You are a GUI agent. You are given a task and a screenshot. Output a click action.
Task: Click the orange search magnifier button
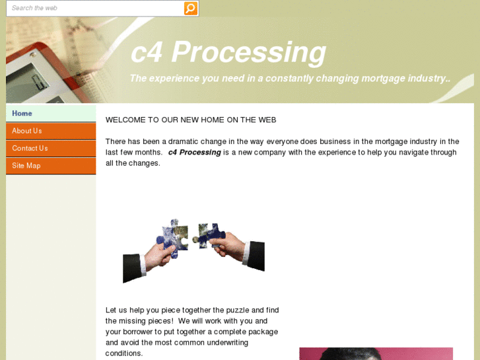click(190, 9)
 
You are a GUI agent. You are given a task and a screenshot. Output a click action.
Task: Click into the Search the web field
click(95, 9)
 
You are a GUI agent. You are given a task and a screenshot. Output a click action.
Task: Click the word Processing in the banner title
click(248, 53)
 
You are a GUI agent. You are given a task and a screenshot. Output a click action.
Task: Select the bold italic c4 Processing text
click(194, 153)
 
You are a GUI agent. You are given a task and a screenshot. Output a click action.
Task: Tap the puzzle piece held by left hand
click(173, 238)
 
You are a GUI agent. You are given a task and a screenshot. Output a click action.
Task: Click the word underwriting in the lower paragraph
click(227, 343)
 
